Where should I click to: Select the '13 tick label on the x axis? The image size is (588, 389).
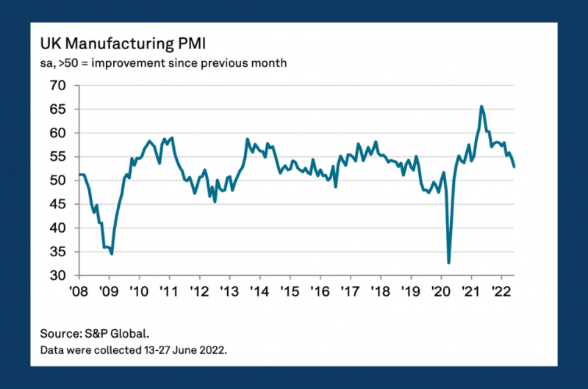230,290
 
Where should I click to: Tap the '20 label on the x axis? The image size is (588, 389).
441,290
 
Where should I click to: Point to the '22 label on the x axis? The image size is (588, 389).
501,290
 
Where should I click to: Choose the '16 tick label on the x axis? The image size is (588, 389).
320,290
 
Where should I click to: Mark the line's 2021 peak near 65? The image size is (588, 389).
481,106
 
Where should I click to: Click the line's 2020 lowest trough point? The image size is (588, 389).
448,262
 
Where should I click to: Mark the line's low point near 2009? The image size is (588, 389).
112,254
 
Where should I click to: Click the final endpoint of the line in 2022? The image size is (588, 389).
514,167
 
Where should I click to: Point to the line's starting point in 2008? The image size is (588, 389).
79,175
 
